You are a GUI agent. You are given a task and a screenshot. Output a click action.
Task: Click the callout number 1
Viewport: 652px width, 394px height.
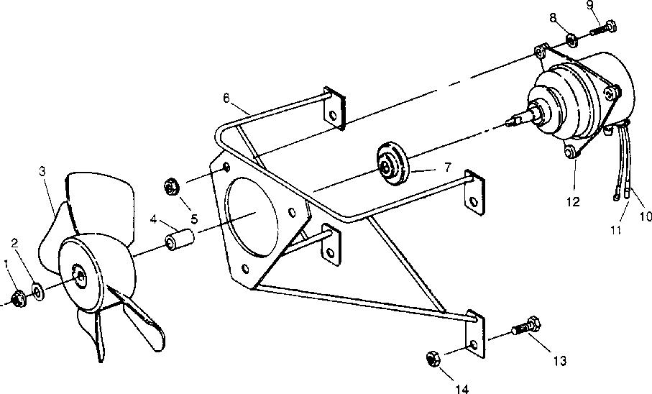6,264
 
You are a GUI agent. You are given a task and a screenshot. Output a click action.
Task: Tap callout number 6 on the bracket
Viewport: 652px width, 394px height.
226,97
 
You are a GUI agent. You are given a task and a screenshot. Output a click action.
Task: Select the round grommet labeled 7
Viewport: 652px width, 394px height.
392,166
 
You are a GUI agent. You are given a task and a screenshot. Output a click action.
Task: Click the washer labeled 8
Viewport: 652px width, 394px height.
569,38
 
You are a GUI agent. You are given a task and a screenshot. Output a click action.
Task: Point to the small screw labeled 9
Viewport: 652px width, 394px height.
601,29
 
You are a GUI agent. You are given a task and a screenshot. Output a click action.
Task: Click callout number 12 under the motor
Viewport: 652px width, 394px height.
573,203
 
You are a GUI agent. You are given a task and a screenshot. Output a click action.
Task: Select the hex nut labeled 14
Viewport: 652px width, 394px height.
434,357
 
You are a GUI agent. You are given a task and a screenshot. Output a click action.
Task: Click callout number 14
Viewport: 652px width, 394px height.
462,389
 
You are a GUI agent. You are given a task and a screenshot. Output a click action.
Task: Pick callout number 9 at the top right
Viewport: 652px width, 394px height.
589,6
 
